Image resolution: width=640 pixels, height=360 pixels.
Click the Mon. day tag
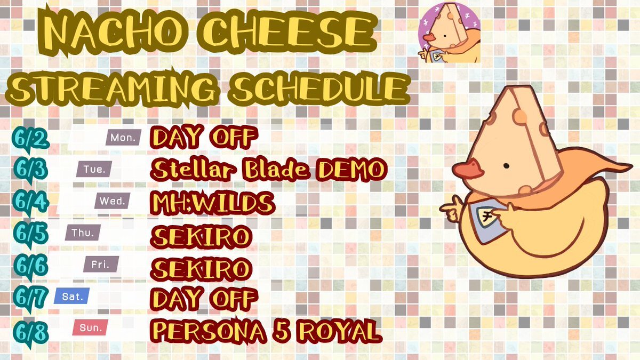point(123,138)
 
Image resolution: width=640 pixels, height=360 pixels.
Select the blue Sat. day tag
point(71,296)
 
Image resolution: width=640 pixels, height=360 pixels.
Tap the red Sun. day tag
point(90,327)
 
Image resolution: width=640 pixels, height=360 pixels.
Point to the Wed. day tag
point(113,201)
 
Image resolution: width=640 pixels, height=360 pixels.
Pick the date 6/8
point(30,333)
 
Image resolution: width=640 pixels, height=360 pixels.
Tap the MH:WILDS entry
point(213,203)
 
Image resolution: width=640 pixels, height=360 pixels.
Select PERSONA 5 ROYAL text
point(266,331)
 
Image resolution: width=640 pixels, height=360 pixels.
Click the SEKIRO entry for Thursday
point(201,237)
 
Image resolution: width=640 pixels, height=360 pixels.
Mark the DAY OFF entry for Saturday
point(204,298)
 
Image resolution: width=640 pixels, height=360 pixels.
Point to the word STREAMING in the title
point(112,87)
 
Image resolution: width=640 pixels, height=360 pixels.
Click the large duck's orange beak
point(467,169)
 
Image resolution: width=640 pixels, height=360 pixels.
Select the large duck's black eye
point(506,166)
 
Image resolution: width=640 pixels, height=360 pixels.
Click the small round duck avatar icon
point(449,32)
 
